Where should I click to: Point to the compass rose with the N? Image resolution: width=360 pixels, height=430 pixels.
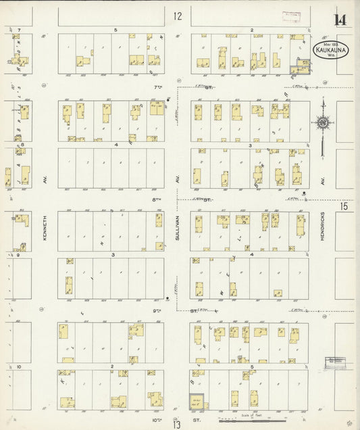click(324, 122)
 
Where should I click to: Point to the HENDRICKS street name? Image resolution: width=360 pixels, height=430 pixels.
click(323, 227)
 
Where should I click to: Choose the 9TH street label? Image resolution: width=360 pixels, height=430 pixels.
click(157, 310)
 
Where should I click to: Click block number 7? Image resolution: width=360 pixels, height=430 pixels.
click(20, 30)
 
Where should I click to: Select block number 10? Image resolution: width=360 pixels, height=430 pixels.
click(20, 366)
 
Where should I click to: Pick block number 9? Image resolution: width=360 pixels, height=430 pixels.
click(20, 255)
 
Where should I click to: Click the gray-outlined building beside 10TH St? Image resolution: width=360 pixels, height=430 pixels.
click(197, 402)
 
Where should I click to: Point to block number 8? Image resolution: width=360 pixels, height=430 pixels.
click(23, 144)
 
